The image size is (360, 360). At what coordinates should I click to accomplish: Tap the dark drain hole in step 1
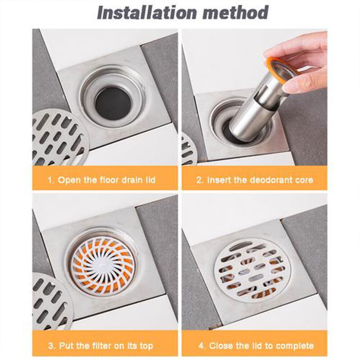[113, 105]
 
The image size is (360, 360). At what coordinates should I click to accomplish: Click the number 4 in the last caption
[202, 346]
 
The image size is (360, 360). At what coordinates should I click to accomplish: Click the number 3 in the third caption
[51, 346]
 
